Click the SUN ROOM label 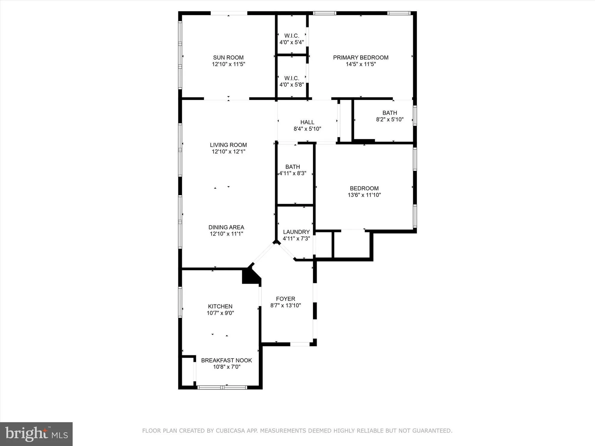(x=228, y=57)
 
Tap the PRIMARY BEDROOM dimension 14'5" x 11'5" (x=361, y=64)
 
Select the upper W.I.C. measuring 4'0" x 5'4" (x=292, y=39)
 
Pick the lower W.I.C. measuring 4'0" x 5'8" (x=292, y=81)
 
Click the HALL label (x=307, y=122)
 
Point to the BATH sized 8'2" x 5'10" (x=389, y=116)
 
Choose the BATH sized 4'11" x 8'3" (x=292, y=170)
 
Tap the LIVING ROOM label (x=228, y=145)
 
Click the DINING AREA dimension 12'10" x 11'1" (x=226, y=234)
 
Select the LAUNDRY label (x=296, y=232)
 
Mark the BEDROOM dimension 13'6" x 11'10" (x=364, y=195)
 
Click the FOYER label (x=285, y=299)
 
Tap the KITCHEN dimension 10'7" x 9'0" (x=220, y=313)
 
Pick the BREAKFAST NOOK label (x=226, y=360)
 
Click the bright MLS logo (x=36, y=434)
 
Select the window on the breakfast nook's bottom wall (x=222, y=387)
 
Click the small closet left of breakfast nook (x=187, y=372)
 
